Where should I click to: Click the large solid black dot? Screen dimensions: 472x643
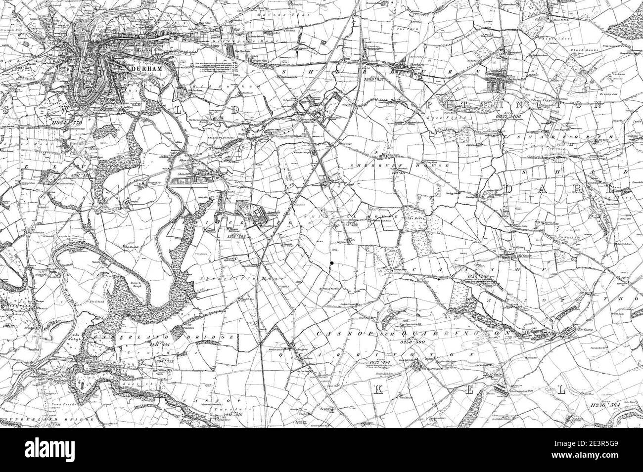coord(333,263)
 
